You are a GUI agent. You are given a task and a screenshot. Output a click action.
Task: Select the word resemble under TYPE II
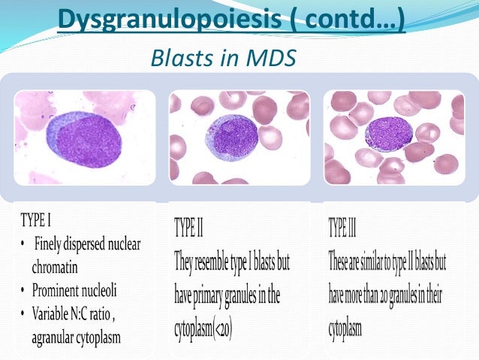coord(219,264)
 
